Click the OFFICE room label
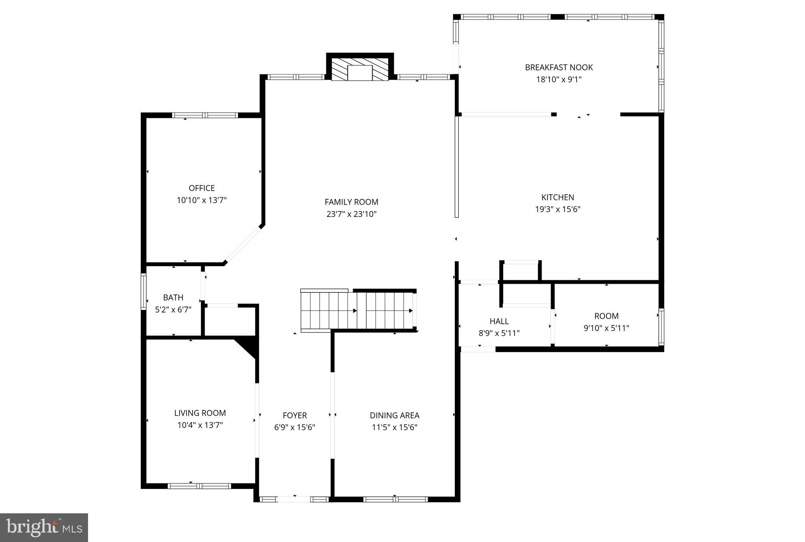point(202,188)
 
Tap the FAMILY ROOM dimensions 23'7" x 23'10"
point(351,214)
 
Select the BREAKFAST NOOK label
point(559,67)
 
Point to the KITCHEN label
point(557,197)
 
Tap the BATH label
point(173,298)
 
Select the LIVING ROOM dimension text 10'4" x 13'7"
point(200,425)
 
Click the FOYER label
point(294,415)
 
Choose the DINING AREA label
point(394,415)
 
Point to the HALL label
point(499,321)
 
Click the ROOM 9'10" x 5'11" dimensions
point(606,328)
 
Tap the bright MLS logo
point(44,527)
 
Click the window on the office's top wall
point(205,115)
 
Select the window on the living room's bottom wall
point(199,486)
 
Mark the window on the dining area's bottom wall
point(395,499)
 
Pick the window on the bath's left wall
point(143,292)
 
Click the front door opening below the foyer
point(294,499)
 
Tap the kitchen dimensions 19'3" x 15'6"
point(557,209)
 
